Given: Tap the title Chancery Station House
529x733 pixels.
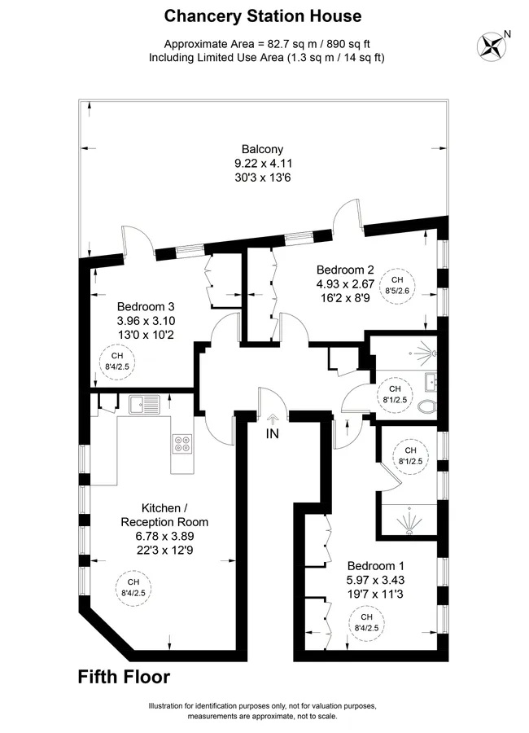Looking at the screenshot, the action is coord(263,16).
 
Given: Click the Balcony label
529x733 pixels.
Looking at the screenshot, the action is coord(262,149).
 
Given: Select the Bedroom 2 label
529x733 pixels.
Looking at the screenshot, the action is coord(345,270).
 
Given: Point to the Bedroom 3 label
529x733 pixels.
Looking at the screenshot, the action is coord(146,307).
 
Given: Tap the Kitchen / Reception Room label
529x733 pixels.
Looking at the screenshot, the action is coord(164,515).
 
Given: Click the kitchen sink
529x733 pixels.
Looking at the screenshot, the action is coord(144,404).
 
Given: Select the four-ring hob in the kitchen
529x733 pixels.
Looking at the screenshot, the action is coord(182,444).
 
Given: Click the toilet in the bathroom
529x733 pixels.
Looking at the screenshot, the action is coord(426,406).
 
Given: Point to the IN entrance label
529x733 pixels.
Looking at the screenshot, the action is coord(272,434).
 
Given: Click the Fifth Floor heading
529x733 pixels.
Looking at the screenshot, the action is coord(124,677).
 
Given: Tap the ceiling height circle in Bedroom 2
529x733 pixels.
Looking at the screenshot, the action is coord(397,285).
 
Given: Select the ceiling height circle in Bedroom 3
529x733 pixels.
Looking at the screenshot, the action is coord(117,362).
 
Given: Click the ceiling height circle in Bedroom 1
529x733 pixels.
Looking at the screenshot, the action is coord(366,623).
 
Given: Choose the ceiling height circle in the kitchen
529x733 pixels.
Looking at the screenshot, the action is coord(133,587).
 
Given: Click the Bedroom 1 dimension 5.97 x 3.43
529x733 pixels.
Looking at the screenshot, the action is coord(376,580).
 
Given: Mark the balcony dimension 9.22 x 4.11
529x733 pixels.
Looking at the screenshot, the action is coord(263,164).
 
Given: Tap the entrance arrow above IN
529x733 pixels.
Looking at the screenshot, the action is coord(273,419).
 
